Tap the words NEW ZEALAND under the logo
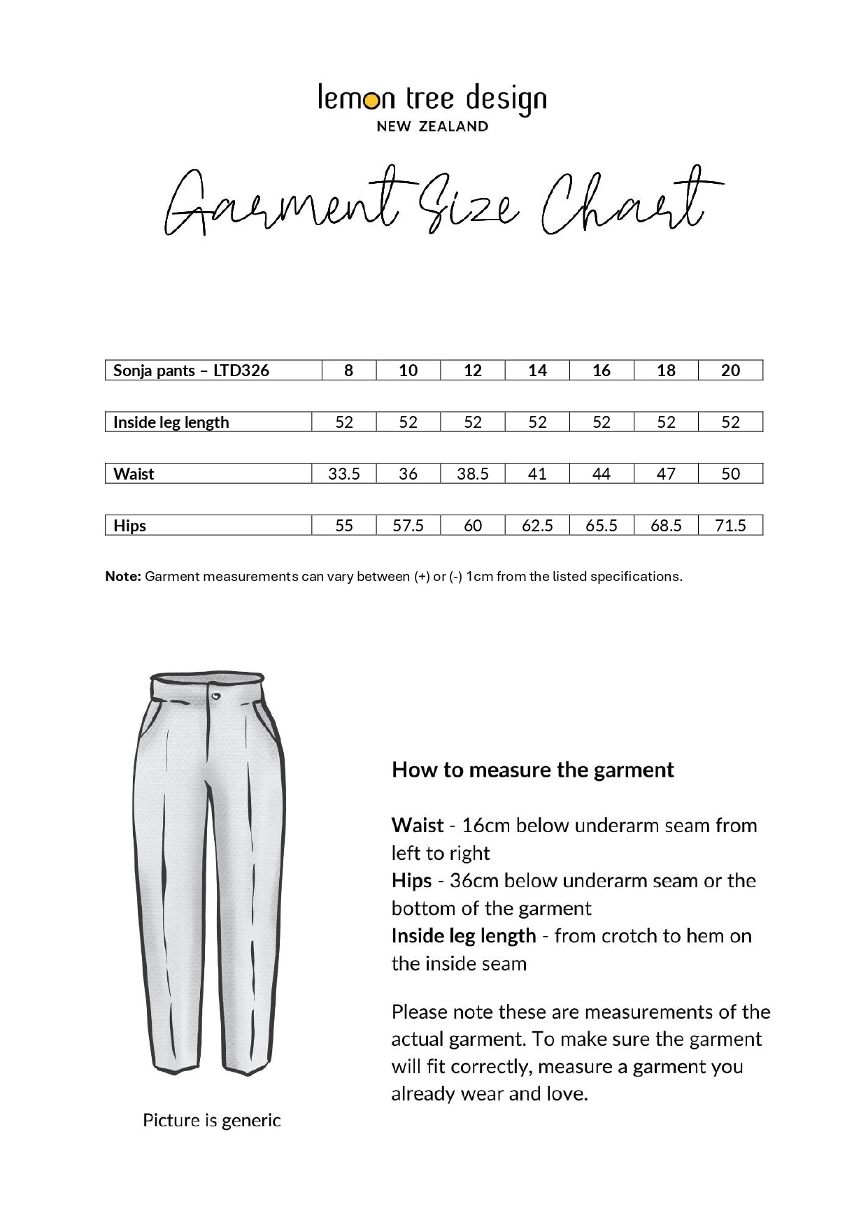pyautogui.click(x=432, y=127)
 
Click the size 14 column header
pyautogui.click(x=537, y=371)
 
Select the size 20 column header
pyautogui.click(x=730, y=371)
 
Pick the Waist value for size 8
pyautogui.click(x=344, y=474)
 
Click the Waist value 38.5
pyautogui.click(x=473, y=474)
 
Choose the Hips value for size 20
pyautogui.click(x=730, y=526)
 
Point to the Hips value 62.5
pyautogui.click(x=537, y=526)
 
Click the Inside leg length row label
pyautogui.click(x=171, y=422)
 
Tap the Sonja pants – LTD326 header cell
pyautogui.click(x=191, y=371)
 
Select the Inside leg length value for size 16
pyautogui.click(x=602, y=422)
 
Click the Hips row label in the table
pyautogui.click(x=130, y=526)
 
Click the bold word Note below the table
pyautogui.click(x=123, y=577)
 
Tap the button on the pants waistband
pyautogui.click(x=215, y=696)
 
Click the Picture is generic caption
pyautogui.click(x=212, y=1121)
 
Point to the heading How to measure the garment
pyautogui.click(x=533, y=770)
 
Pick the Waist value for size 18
pyautogui.click(x=666, y=474)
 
